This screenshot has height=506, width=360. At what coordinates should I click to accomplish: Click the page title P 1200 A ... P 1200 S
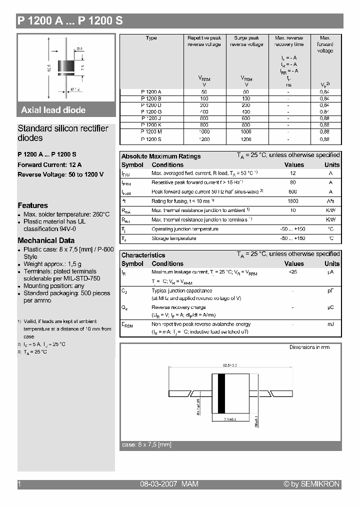[x=70, y=21]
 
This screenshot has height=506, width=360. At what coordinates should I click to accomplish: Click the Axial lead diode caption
[x=53, y=110]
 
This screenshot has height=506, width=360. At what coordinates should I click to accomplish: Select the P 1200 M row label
[x=151, y=131]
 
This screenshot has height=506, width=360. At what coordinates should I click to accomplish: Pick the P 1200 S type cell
[x=151, y=139]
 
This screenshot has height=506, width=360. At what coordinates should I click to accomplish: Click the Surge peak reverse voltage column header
[x=246, y=41]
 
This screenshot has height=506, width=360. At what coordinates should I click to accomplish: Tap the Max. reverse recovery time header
[x=288, y=41]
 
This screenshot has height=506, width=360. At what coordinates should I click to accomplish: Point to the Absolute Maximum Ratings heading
[x=161, y=156]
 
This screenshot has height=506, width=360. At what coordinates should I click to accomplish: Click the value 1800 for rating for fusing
[x=293, y=201]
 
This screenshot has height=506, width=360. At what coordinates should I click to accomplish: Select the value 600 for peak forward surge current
[x=293, y=192]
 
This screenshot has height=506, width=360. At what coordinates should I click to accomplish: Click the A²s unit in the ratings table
[x=330, y=201]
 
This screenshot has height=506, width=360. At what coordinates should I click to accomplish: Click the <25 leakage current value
[x=293, y=272]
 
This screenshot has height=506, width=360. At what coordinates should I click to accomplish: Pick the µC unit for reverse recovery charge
[x=330, y=308]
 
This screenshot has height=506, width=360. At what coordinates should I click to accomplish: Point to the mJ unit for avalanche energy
[x=330, y=324]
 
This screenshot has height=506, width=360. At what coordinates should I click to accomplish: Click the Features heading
[x=33, y=205]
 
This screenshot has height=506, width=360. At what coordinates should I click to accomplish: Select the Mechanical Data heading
[x=46, y=240]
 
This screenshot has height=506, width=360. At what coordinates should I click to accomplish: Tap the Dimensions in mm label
[x=309, y=347]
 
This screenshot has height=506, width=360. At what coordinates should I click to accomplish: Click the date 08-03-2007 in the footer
[x=157, y=484]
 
